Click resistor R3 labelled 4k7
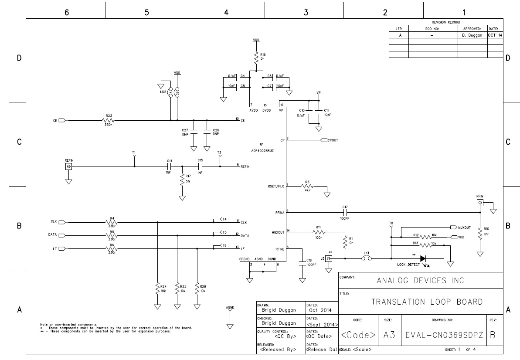tap(307, 186)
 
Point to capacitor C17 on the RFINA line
tap(345, 212)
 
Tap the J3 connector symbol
tap(330, 259)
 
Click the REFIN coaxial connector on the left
tap(68, 166)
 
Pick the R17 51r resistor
tap(182, 179)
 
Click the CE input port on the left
tap(61, 121)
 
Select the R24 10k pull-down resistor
tap(157, 289)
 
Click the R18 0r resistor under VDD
tap(256, 57)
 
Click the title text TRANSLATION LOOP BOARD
tap(427, 302)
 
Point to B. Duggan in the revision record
tap(472, 35)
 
